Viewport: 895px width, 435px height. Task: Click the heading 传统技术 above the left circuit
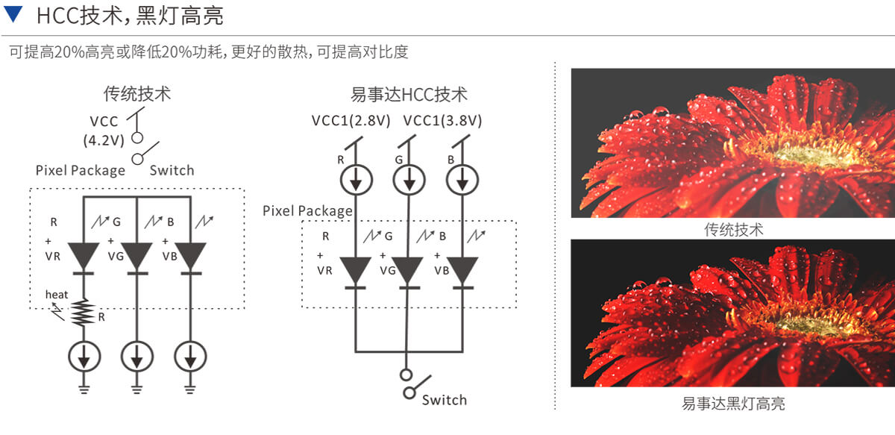pyautogui.click(x=136, y=95)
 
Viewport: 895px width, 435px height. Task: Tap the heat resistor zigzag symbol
pyautogui.click(x=84, y=313)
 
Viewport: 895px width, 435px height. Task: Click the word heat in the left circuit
pyautogui.click(x=57, y=295)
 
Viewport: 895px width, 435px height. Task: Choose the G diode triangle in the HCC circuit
pyautogui.click(x=407, y=270)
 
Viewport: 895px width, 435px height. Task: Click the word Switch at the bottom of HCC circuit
pyautogui.click(x=444, y=400)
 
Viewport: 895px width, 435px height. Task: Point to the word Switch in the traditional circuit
pyautogui.click(x=172, y=170)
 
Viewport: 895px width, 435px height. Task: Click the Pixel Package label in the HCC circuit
pyautogui.click(x=307, y=211)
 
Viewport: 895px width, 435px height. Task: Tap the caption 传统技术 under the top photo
pyautogui.click(x=733, y=229)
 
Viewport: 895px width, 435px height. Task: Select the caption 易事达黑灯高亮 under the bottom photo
pyautogui.click(x=733, y=404)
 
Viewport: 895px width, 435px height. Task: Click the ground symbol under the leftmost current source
pyautogui.click(x=84, y=387)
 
